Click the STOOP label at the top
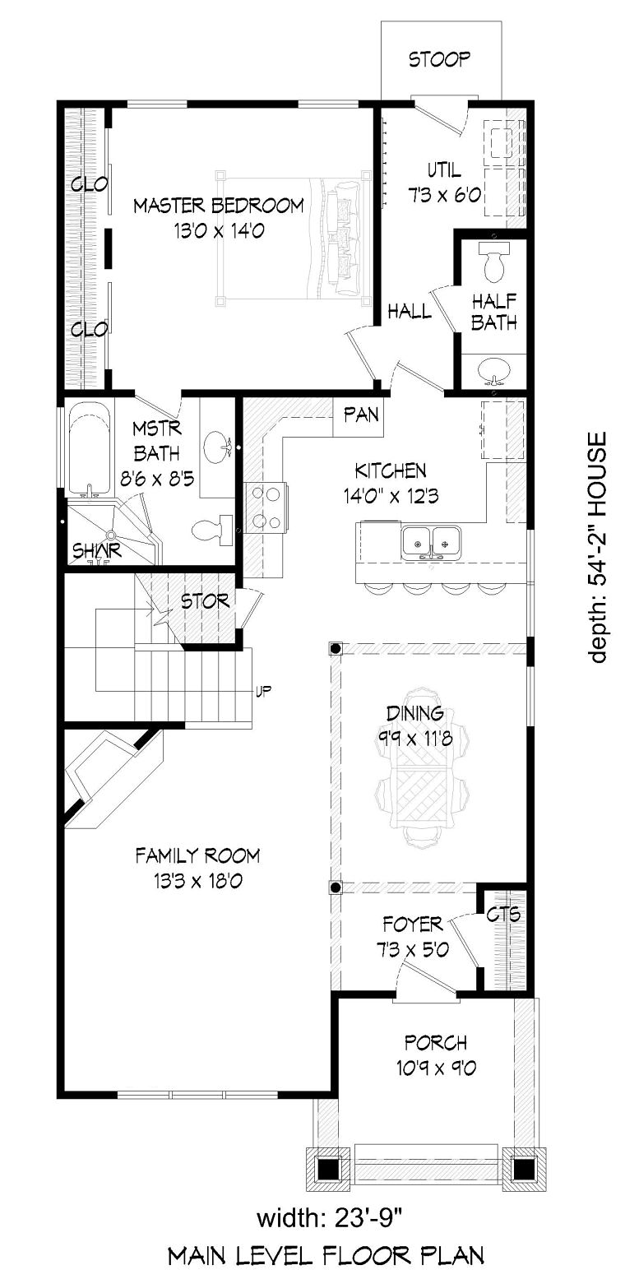click(439, 59)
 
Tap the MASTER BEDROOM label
click(219, 206)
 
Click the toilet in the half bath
click(493, 262)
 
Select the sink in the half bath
click(493, 370)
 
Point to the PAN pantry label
click(361, 415)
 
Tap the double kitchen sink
click(432, 542)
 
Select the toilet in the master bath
click(211, 530)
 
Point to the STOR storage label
click(205, 601)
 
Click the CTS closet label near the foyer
click(503, 915)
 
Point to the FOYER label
click(413, 924)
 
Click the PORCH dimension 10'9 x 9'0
click(436, 1068)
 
